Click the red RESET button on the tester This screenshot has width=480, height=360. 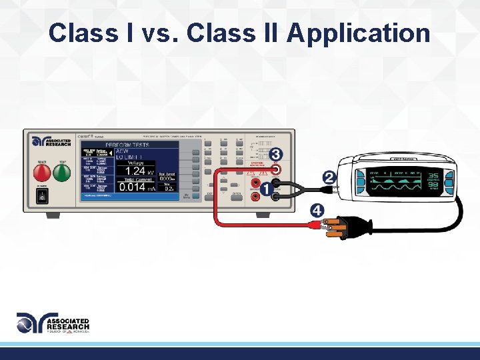click(41, 173)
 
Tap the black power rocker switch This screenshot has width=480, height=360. click(41, 197)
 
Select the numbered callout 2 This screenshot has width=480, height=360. click(329, 178)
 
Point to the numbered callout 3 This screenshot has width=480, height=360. click(276, 155)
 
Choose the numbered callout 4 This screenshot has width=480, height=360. click(318, 211)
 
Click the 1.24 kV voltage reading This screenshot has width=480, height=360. click(139, 172)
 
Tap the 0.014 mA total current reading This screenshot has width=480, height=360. click(137, 187)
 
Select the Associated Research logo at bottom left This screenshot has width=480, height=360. click(53, 324)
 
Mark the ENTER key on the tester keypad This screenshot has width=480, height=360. click(237, 196)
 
